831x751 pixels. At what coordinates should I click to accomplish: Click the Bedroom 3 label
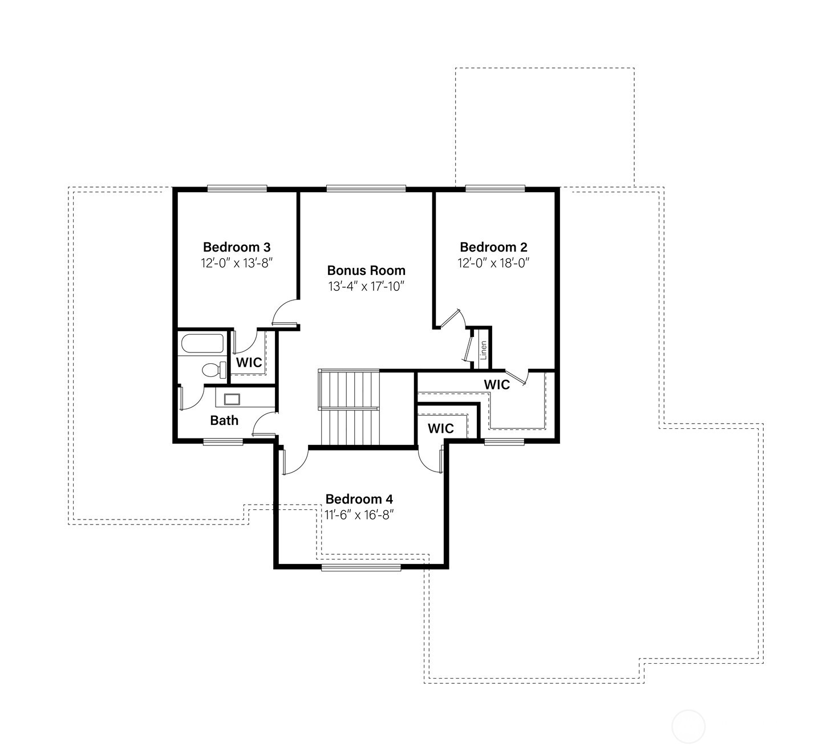point(237,247)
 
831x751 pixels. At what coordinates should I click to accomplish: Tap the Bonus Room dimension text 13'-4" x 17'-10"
point(366,286)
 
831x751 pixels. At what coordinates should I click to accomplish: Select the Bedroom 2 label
point(493,247)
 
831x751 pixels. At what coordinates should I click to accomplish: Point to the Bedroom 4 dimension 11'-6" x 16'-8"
point(359,515)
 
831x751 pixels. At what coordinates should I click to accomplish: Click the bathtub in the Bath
point(202,344)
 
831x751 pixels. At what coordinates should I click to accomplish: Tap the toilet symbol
point(213,370)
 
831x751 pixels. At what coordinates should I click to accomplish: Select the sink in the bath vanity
point(232,399)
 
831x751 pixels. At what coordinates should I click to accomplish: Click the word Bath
point(224,421)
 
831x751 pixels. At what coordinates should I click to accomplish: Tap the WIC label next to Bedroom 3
point(249,363)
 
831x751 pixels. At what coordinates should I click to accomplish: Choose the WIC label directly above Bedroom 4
point(440,428)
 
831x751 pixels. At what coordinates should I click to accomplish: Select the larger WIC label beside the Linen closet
point(497,385)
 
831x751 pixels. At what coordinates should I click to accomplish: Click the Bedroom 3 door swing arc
point(283,312)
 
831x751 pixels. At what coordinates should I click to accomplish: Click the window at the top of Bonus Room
point(366,188)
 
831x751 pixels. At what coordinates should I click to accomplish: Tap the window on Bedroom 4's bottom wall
point(360,567)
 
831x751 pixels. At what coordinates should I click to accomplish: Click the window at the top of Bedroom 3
point(237,188)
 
